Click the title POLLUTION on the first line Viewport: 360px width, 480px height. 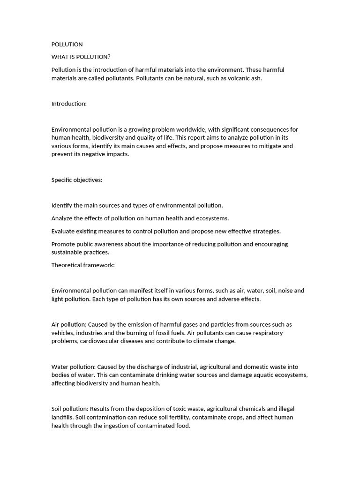[x=67, y=45]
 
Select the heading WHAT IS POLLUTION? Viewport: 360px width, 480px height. [x=81, y=57]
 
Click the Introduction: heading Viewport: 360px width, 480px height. [x=69, y=104]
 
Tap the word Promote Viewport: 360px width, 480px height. [x=63, y=244]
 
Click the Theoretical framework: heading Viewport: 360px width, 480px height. [x=83, y=265]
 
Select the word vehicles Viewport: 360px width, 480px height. [x=62, y=333]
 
